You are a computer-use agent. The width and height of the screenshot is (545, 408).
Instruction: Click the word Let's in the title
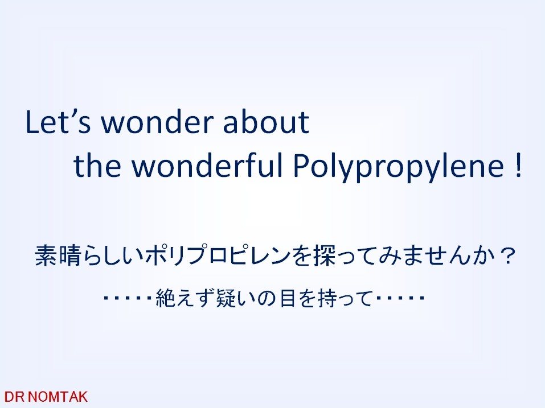click(58, 122)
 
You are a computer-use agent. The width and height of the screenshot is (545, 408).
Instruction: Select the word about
click(266, 122)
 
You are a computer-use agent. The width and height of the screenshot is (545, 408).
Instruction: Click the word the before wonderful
click(97, 166)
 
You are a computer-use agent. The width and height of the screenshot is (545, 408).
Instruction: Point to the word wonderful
click(207, 166)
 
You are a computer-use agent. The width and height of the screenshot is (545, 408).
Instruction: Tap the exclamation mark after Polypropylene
click(518, 167)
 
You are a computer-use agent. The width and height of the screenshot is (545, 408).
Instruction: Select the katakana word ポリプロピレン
click(218, 255)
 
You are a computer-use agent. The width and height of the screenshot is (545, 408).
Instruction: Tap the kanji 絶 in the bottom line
click(166, 298)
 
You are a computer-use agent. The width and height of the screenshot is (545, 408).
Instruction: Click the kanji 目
click(288, 298)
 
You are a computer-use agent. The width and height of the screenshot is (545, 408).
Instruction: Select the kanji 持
click(329, 298)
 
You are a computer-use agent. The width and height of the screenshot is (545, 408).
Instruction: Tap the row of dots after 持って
click(400, 298)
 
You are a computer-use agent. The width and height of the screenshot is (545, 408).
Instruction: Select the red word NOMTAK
click(57, 397)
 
